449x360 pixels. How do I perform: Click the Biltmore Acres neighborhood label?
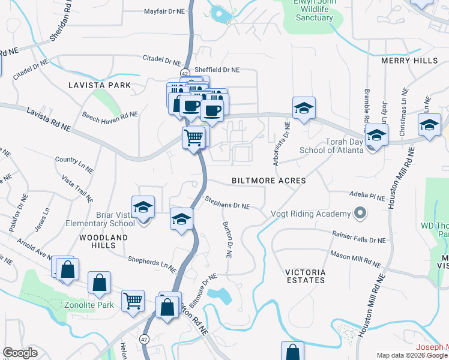pos(269,181)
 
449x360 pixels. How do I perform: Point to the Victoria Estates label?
pos(306,277)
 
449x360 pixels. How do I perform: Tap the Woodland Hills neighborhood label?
pos(104,242)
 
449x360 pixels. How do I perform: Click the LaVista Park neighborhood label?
pos(99,85)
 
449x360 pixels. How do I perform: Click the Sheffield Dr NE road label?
pos(215,70)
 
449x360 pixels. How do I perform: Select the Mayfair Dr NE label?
pos(166,11)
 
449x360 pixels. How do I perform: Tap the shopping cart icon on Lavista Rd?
pos(194,138)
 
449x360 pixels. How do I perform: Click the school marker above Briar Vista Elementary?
pos(143,207)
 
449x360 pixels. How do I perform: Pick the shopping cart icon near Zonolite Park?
pos(132,300)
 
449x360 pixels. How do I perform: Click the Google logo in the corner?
pos(20,353)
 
